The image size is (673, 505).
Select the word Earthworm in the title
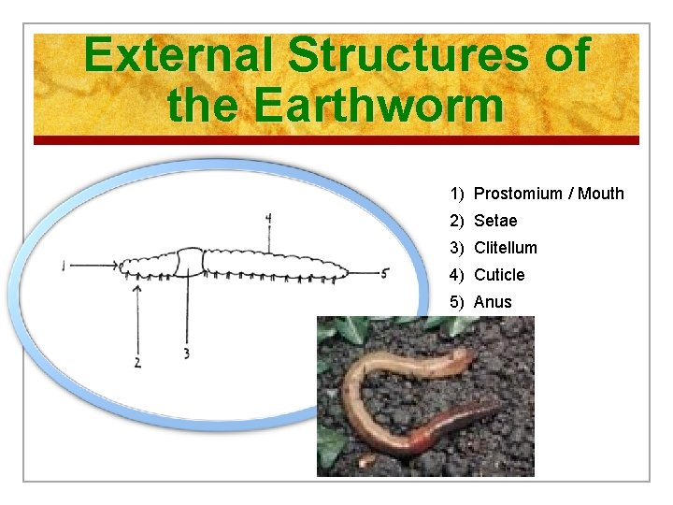(x=378, y=104)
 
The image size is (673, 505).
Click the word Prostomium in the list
(x=519, y=194)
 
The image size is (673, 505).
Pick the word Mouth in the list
(x=601, y=194)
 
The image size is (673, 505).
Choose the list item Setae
(x=494, y=221)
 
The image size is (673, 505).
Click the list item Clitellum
(x=505, y=248)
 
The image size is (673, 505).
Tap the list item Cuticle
(x=499, y=275)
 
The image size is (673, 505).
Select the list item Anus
(x=493, y=302)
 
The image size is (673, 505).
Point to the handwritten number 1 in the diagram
(x=63, y=267)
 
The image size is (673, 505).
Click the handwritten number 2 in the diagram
(x=137, y=362)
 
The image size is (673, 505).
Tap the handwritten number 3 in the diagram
(x=187, y=353)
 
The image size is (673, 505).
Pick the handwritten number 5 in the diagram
(x=384, y=273)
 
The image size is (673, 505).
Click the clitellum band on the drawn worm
(x=191, y=262)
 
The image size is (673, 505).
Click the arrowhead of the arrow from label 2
(x=138, y=288)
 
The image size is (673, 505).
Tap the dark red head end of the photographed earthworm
(x=493, y=412)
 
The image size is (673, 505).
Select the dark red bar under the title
(x=336, y=140)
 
